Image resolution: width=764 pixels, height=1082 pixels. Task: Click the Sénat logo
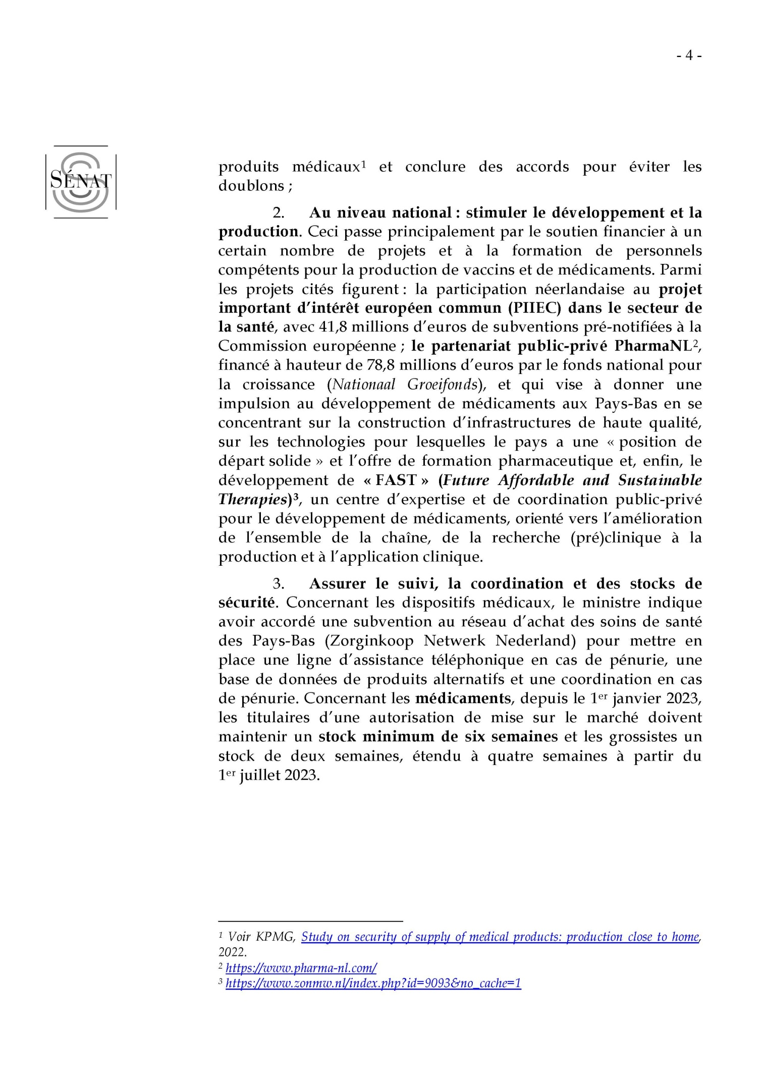point(81,182)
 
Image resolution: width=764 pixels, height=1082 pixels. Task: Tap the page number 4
point(689,56)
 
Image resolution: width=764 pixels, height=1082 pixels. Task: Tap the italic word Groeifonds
point(442,385)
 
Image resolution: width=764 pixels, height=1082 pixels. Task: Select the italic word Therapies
point(253,500)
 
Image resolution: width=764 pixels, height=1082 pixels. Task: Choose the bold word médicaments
point(463,698)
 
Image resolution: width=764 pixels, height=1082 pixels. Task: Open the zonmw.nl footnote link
point(373,983)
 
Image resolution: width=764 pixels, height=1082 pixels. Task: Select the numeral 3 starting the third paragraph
point(278,584)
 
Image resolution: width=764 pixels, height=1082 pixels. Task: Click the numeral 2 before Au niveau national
point(278,213)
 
